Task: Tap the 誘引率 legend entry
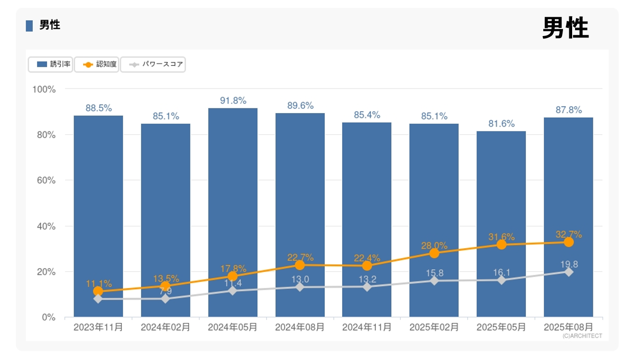click(51, 64)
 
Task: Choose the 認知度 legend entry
click(100, 64)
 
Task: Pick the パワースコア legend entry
click(153, 64)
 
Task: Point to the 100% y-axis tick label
click(44, 90)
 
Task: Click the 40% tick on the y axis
click(46, 226)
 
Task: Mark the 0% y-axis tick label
click(49, 317)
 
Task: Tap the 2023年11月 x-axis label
click(98, 327)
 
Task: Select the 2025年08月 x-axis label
click(568, 327)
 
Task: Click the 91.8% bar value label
click(233, 101)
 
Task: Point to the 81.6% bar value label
click(501, 124)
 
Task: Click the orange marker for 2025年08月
click(568, 242)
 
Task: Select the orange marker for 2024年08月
click(300, 265)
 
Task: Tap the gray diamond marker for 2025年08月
click(568, 272)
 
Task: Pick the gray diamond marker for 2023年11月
click(98, 299)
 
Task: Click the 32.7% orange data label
click(568, 234)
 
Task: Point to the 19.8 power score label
click(568, 264)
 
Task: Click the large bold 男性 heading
click(565, 28)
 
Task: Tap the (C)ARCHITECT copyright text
click(582, 336)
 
